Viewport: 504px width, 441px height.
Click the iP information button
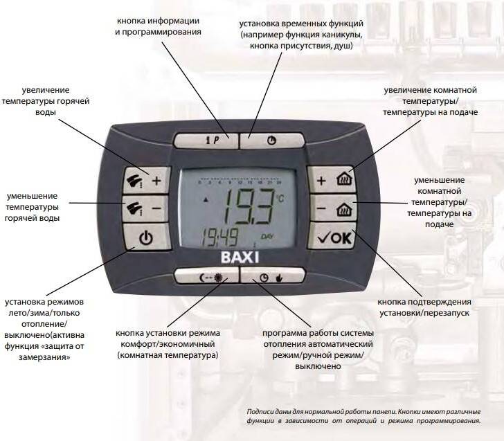point(206,141)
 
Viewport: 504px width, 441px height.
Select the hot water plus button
point(147,180)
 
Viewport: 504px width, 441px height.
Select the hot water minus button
point(145,208)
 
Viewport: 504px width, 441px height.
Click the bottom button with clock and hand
point(272,276)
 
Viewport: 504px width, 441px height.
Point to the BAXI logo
point(240,258)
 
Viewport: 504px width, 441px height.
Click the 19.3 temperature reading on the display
point(248,206)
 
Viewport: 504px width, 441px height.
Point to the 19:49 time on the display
point(219,237)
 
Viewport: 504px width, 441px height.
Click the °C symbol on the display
point(280,199)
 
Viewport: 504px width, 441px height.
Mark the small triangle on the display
point(206,200)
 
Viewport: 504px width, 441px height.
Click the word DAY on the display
point(267,237)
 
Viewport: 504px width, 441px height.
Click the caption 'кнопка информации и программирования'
point(158,26)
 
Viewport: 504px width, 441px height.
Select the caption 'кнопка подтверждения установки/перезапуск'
point(424,307)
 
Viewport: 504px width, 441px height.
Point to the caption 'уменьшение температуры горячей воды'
point(32,207)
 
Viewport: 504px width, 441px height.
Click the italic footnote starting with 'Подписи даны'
point(364,416)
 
